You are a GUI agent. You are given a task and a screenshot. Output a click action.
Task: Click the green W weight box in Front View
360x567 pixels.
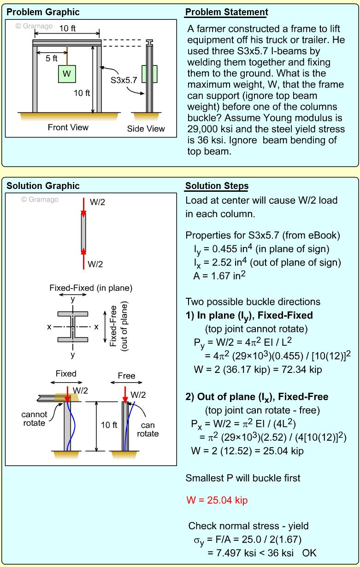(67, 74)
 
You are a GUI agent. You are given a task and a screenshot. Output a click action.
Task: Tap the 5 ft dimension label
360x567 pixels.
(52, 59)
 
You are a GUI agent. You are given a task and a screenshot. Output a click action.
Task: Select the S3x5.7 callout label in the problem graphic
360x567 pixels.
(124, 80)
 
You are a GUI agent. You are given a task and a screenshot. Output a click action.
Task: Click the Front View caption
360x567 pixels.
(68, 127)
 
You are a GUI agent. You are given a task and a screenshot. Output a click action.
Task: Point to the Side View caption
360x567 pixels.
(146, 129)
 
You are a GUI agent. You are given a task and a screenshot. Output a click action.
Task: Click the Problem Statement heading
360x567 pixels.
(226, 12)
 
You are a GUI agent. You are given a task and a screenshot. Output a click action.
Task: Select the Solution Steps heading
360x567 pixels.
(217, 186)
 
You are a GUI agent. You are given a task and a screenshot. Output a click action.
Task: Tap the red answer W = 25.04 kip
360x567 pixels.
(217, 500)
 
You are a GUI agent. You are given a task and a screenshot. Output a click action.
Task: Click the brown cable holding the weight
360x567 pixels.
(67, 55)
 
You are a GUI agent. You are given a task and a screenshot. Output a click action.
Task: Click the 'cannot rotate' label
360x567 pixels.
(34, 419)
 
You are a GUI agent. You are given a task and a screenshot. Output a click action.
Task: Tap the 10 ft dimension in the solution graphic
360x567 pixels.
(109, 425)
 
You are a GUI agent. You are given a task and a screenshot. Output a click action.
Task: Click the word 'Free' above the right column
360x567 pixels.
(126, 376)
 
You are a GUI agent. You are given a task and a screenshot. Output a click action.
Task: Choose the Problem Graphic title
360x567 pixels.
(43, 12)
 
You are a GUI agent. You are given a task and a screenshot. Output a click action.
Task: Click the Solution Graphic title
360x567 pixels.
(43, 186)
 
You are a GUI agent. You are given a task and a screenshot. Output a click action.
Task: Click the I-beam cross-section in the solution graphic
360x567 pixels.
(73, 327)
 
